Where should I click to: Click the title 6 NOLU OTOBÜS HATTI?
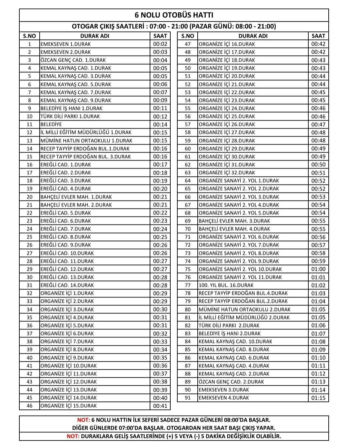coord(174,15)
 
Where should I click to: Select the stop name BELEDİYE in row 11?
coord(51,125)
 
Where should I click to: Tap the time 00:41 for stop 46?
coord(160,406)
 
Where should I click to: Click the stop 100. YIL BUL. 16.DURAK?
coord(226,285)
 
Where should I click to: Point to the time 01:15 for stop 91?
coord(318,398)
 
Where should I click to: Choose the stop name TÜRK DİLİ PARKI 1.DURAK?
coord(70,117)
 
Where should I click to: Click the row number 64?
coord(188,181)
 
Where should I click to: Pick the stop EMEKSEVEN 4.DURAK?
coord(224,398)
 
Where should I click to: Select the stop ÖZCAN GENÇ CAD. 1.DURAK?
coord(73,60)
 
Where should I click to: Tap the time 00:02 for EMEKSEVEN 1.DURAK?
coord(160,44)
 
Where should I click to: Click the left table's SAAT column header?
coord(160,36)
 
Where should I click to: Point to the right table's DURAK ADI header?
coord(253,36)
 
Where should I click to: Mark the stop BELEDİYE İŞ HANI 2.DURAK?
coord(230,334)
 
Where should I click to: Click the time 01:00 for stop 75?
coord(318,269)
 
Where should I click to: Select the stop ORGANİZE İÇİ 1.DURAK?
coord(67,293)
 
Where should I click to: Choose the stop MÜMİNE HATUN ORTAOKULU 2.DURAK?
coord(244,309)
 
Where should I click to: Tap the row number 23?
coord(29,221)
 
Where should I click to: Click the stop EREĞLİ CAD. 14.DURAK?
coord(67,285)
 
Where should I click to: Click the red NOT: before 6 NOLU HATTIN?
coord(83,420)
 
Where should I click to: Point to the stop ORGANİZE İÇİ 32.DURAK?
coord(227,173)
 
